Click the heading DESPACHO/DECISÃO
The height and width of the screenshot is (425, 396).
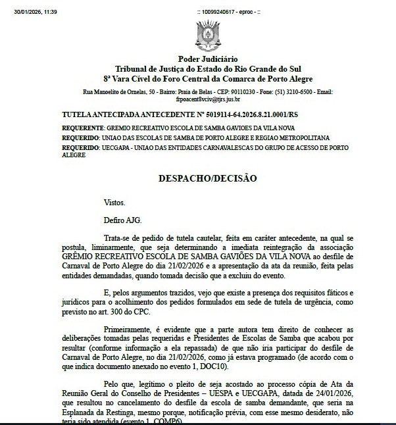point(207,178)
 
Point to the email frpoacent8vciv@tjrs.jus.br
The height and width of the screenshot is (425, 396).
point(208,99)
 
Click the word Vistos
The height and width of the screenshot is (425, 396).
point(114,203)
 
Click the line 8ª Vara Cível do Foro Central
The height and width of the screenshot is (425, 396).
point(207,78)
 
